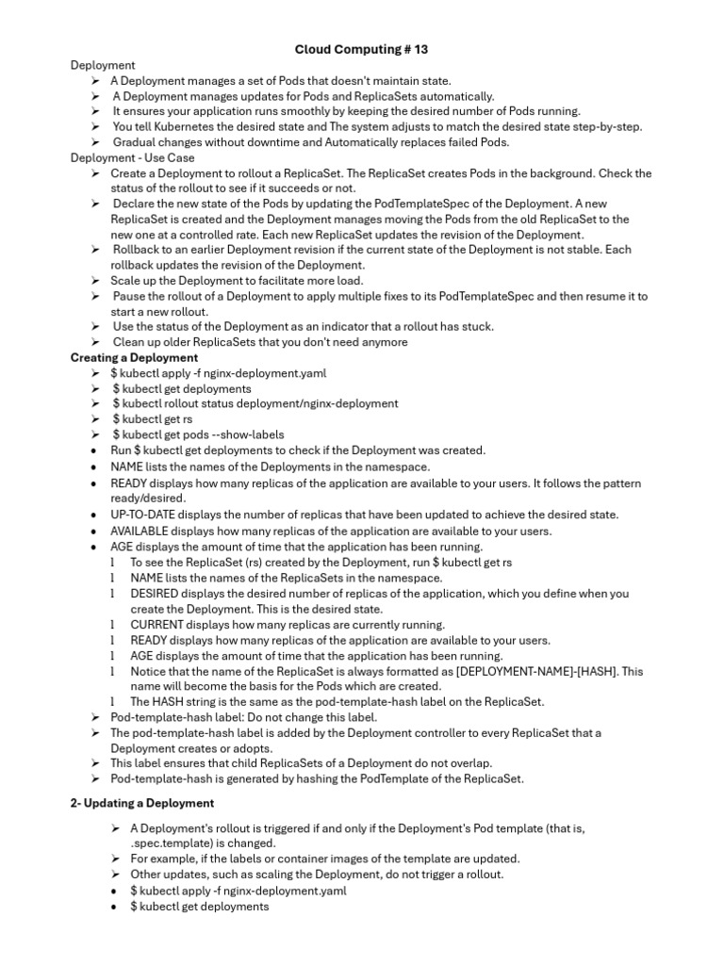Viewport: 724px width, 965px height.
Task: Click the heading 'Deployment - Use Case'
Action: [x=133, y=158]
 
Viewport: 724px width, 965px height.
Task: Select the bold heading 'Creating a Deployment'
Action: [x=135, y=358]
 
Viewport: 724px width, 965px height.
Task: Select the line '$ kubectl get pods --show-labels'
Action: [x=198, y=434]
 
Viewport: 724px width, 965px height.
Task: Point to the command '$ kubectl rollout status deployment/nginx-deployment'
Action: [x=255, y=403]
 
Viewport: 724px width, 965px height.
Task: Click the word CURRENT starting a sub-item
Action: [x=156, y=625]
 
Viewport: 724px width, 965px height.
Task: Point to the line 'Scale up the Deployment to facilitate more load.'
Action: [x=237, y=281]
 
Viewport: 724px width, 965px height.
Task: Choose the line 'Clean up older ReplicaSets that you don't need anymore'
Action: [x=260, y=342]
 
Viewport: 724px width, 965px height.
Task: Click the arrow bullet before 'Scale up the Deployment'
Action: [x=96, y=281]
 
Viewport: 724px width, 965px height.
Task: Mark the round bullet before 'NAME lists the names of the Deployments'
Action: [x=95, y=466]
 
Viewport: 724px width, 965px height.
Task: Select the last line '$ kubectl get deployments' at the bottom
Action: [x=200, y=907]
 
